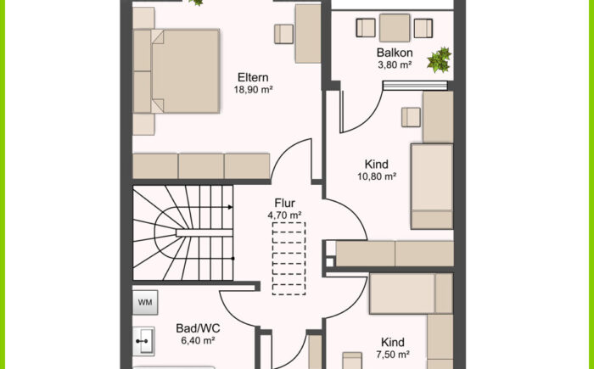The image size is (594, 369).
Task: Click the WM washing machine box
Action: (x=145, y=302)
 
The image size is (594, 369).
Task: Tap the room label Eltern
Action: (x=253, y=77)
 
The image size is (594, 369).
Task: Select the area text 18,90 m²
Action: (x=253, y=90)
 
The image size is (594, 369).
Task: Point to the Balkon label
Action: (x=395, y=53)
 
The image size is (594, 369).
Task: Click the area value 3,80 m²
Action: (x=395, y=64)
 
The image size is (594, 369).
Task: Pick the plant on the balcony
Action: (x=440, y=59)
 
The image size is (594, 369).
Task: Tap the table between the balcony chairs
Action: (x=395, y=28)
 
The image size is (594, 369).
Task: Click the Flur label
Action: (x=285, y=203)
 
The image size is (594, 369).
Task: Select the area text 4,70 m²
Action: (x=284, y=215)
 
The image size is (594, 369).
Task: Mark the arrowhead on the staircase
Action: (x=230, y=207)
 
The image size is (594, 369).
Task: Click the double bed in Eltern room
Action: (x=177, y=71)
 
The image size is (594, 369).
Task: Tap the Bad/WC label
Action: (x=198, y=328)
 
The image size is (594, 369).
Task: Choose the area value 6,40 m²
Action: (x=198, y=341)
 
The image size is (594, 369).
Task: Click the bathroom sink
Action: (x=143, y=341)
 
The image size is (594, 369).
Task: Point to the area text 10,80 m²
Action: (x=377, y=176)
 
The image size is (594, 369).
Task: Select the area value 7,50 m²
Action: (x=392, y=355)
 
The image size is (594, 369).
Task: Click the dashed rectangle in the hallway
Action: (x=289, y=259)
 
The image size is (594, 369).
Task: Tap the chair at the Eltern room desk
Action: (x=283, y=34)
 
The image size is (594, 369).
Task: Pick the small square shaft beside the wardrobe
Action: (x=329, y=262)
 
